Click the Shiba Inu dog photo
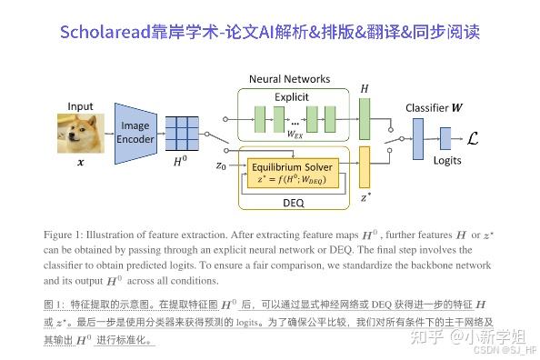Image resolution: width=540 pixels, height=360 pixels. [81, 130]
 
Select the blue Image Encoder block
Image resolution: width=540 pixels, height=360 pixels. [135, 132]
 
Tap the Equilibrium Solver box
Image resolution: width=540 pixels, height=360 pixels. [294, 173]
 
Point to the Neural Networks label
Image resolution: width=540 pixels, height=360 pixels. [290, 79]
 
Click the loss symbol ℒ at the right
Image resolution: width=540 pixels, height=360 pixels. [472, 136]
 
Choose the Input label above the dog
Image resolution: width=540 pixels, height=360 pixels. [81, 105]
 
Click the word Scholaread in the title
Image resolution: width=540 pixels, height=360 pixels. [105, 33]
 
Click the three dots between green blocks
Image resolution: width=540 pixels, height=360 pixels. [294, 119]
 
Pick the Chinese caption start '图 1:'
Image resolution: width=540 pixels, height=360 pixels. [55, 303]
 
